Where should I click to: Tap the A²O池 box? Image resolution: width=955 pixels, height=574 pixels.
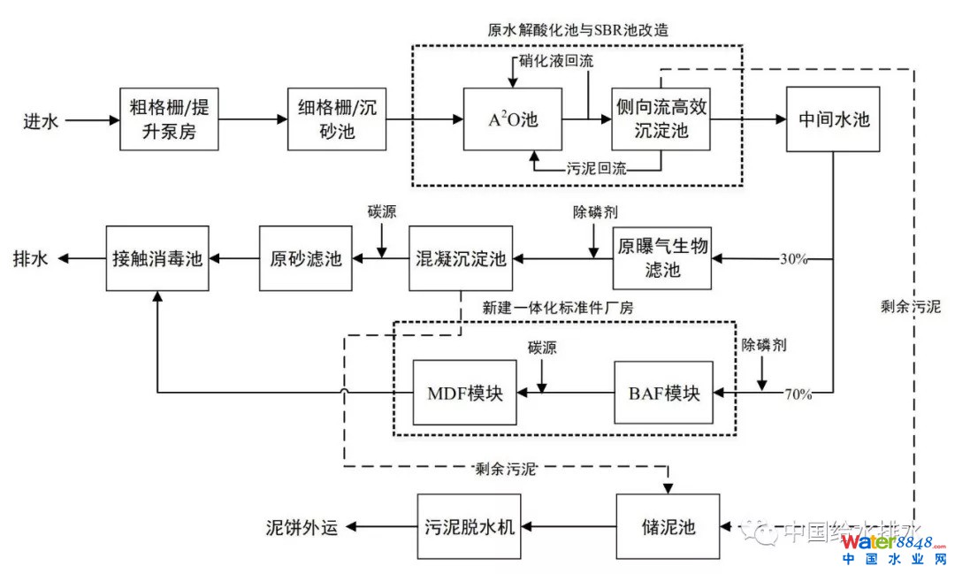tap(513, 119)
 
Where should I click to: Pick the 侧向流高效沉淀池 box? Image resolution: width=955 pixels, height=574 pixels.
tap(661, 119)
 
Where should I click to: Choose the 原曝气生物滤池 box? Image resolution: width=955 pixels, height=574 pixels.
tap(662, 258)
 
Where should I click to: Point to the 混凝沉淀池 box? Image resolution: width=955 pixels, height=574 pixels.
tap(461, 258)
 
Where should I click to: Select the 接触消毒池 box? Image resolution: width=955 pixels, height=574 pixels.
tap(157, 258)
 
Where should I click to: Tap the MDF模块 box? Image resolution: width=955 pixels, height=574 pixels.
tap(465, 392)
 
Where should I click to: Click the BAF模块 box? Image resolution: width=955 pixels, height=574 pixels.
tap(663, 392)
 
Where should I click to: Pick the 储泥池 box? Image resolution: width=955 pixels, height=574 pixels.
tap(668, 527)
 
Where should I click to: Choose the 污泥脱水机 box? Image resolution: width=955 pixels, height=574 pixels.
tap(466, 527)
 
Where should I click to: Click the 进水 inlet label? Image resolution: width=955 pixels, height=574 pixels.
tap(41, 120)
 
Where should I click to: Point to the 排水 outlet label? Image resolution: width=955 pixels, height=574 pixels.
tap(30, 259)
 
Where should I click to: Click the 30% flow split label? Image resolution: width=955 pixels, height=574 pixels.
tap(795, 259)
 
